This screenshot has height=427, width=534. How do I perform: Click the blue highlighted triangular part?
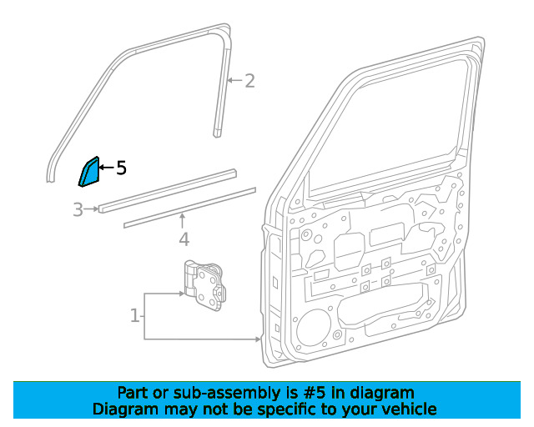[x=89, y=173]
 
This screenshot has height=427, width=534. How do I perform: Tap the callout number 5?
[x=121, y=168]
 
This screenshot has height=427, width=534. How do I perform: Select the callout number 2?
[x=249, y=81]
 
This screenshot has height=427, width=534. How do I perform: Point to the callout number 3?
[x=78, y=209]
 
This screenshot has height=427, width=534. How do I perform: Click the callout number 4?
[x=184, y=239]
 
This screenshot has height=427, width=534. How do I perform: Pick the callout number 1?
[x=135, y=315]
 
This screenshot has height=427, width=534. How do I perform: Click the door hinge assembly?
[x=204, y=286]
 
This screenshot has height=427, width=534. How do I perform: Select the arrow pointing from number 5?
[x=107, y=168]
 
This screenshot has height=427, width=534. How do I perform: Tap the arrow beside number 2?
[x=234, y=80]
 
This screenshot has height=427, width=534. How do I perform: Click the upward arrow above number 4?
[x=183, y=220]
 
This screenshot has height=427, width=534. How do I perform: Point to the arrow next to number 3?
[x=91, y=208]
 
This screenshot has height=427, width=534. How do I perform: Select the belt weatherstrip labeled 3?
[x=168, y=191]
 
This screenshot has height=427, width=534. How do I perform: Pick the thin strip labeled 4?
[x=189, y=208]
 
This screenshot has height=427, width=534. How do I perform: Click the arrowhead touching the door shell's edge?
[x=258, y=339]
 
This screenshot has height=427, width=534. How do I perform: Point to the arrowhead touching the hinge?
[x=181, y=294]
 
